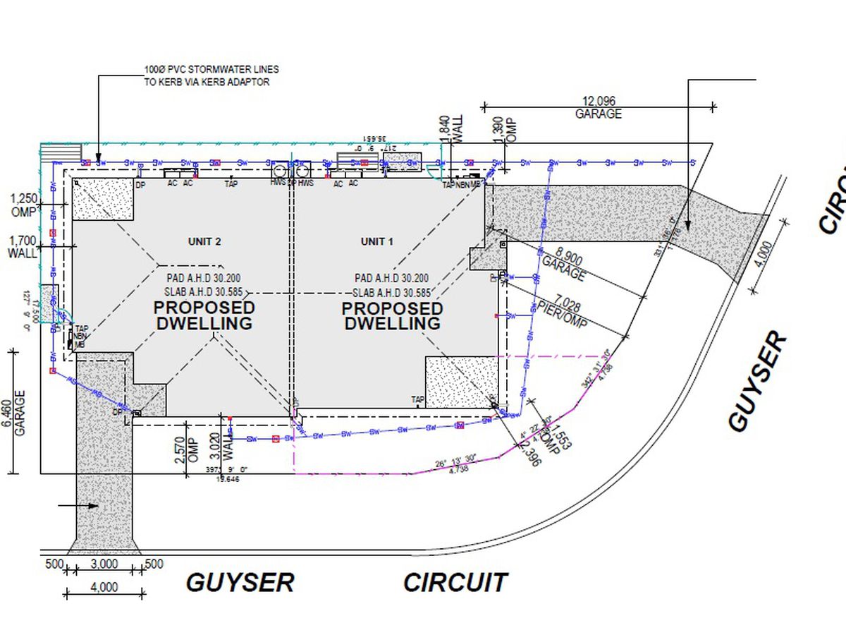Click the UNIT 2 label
click(204, 241)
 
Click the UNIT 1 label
click(376, 241)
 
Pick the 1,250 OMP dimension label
click(25, 205)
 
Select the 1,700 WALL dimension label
click(23, 246)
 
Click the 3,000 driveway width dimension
click(104, 564)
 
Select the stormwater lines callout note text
click(210, 75)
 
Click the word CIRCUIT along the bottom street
click(455, 583)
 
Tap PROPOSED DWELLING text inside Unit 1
click(392, 315)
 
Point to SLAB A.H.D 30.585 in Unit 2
click(204, 292)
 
